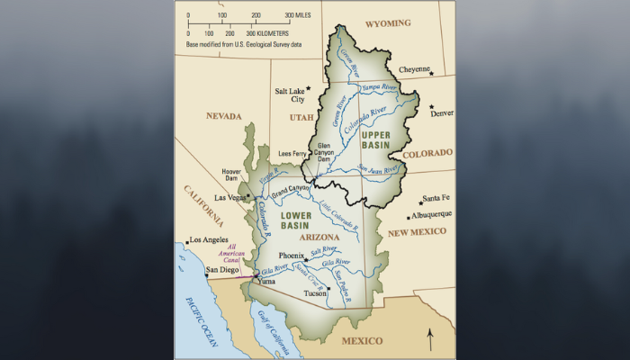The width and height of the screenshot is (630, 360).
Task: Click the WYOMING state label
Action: (x=390, y=22)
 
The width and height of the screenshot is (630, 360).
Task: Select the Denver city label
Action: (x=442, y=113)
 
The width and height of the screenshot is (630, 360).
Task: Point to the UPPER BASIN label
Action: (x=375, y=139)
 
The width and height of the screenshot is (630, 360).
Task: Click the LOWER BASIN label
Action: (x=295, y=220)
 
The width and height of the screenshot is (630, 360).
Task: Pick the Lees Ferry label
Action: (x=293, y=153)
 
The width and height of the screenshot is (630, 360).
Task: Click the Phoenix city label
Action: (x=292, y=256)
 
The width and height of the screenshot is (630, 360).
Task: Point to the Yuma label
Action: (x=265, y=281)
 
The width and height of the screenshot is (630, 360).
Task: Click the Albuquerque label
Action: (x=430, y=215)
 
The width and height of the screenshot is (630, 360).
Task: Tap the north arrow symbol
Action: (x=430, y=339)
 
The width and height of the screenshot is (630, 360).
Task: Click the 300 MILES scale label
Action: (x=298, y=15)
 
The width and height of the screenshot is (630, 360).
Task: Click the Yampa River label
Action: (x=378, y=87)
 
